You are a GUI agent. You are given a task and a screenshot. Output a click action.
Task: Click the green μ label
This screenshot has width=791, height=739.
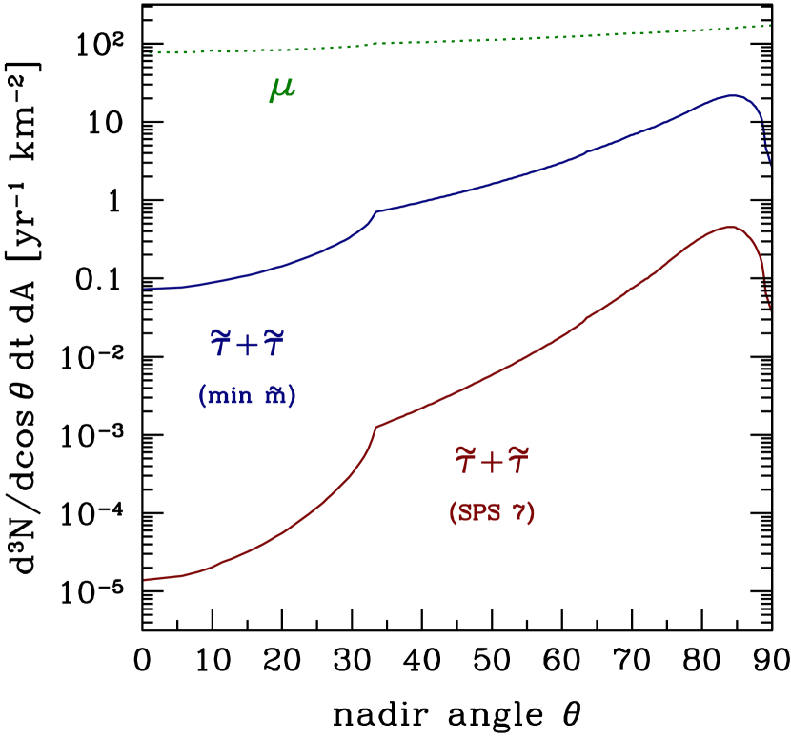[x=282, y=90]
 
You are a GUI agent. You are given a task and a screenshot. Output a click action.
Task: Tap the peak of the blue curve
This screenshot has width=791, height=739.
[x=731, y=95]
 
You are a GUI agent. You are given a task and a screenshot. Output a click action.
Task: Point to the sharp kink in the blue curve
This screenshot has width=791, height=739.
[x=375, y=211]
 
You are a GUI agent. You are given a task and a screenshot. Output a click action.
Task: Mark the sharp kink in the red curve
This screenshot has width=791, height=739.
[x=376, y=427]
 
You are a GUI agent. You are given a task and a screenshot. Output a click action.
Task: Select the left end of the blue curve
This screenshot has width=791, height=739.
[x=145, y=288]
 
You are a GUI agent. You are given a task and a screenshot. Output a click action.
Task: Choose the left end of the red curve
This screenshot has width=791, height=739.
[x=145, y=579]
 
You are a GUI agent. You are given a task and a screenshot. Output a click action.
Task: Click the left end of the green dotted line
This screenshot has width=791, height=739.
[x=150, y=52]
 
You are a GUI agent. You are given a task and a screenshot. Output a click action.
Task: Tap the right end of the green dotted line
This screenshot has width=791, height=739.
[x=770, y=26]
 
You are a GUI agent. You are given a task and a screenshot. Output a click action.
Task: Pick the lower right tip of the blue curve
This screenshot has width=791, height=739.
[x=770, y=166]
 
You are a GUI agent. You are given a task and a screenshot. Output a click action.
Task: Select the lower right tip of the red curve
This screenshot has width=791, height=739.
[x=770, y=310]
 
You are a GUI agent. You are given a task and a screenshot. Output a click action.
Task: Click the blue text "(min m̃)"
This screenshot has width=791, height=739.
[x=247, y=395]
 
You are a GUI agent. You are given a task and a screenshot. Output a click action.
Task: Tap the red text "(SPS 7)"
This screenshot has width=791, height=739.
[x=492, y=512]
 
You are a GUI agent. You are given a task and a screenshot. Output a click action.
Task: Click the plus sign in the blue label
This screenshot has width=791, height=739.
[x=248, y=345]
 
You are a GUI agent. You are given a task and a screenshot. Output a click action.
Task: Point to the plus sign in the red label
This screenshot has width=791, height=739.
[x=492, y=464]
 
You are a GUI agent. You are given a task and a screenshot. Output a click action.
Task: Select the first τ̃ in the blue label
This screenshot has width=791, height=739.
[x=221, y=343]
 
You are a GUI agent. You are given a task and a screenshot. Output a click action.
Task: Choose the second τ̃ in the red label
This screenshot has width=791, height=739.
[x=517, y=462]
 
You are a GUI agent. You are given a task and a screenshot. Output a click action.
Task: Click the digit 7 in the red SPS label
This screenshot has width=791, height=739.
[x=519, y=513]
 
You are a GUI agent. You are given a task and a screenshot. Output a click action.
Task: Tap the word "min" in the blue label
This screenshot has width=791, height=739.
[x=229, y=395]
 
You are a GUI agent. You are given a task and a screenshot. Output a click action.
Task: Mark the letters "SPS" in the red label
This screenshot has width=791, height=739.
[x=479, y=512]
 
